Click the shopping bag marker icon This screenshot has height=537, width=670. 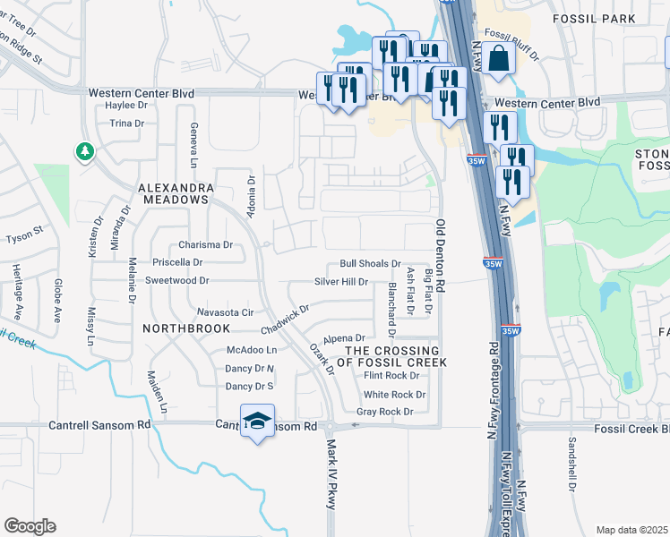click(501, 59)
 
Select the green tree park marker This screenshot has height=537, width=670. click(85, 151)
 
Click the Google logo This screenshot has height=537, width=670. click(30, 526)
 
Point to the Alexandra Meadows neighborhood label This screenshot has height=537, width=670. click(176, 193)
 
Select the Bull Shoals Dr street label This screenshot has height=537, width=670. click(369, 264)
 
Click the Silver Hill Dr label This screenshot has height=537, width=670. click(341, 281)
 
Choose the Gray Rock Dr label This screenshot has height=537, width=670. click(384, 412)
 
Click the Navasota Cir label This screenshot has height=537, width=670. click(226, 312)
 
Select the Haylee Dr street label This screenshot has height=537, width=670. click(125, 105)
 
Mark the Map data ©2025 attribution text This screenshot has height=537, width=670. click(631, 530)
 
